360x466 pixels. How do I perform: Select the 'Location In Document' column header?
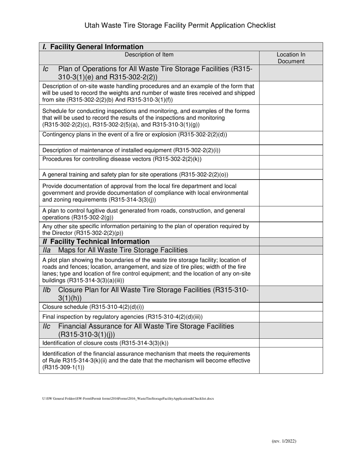[x=291, y=58]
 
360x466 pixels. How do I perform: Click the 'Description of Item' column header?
[x=149, y=55]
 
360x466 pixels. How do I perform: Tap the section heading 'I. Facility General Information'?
[x=93, y=47]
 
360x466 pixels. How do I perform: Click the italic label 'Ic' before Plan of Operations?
[x=46, y=69]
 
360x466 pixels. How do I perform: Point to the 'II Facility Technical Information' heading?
[x=96, y=241]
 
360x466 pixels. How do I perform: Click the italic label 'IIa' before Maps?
[x=47, y=250]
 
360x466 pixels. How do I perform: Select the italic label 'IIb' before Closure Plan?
[x=47, y=290]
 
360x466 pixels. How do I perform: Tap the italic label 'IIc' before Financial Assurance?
[x=47, y=326]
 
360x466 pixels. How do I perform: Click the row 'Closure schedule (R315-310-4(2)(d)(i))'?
[x=93, y=306]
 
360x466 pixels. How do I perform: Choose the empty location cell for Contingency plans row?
[x=291, y=138]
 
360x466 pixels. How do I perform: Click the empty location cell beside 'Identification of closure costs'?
[x=291, y=343]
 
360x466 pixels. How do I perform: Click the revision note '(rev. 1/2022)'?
[x=284, y=441]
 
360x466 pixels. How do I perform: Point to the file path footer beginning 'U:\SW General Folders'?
[x=128, y=399]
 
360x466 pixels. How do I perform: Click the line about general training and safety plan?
[x=135, y=175]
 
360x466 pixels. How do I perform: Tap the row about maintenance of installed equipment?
[x=131, y=150]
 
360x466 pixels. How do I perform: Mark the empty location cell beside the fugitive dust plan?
[x=291, y=214]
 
